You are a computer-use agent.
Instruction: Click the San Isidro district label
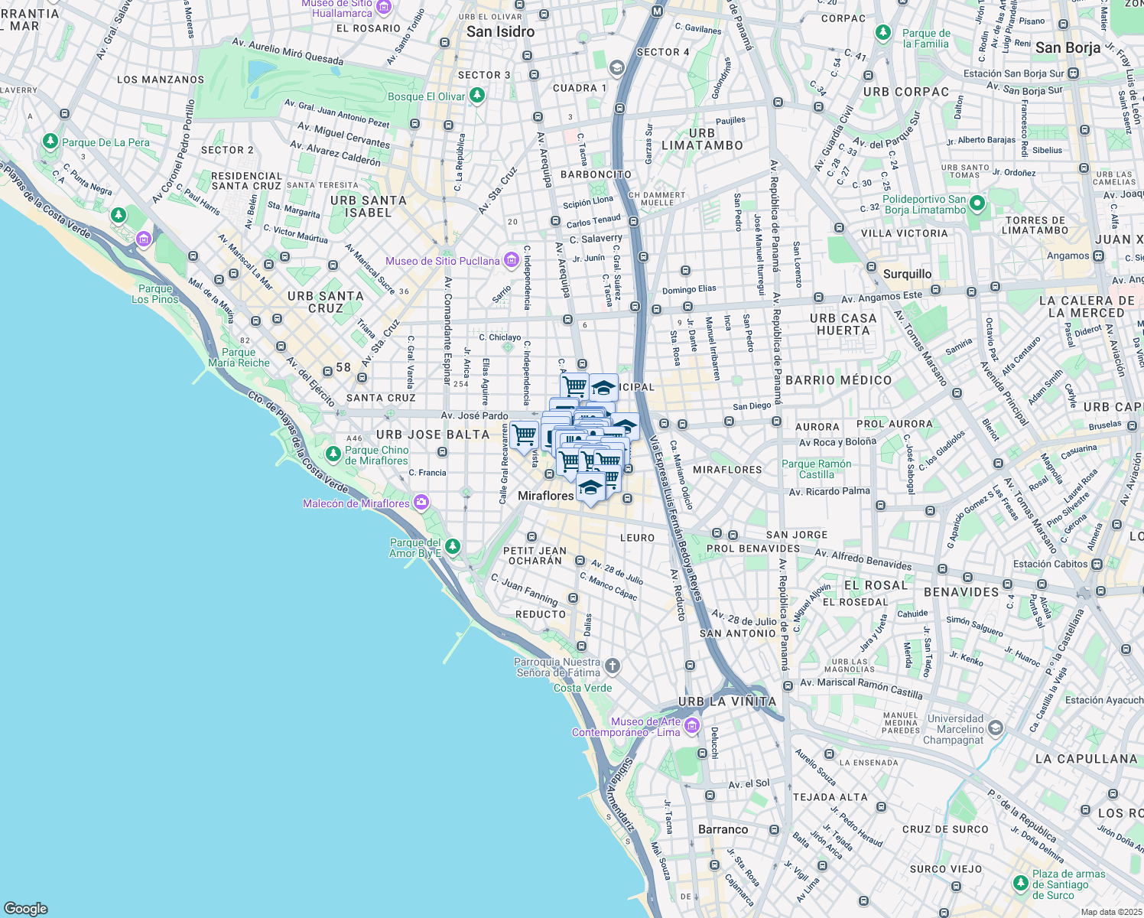click(x=500, y=31)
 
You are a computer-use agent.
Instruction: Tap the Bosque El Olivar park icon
click(x=477, y=96)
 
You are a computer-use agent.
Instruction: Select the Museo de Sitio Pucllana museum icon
click(x=511, y=261)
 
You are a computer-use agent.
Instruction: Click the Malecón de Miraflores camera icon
click(x=421, y=503)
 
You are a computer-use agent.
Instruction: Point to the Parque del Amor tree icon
click(x=453, y=546)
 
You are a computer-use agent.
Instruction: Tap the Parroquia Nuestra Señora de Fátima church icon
click(x=613, y=666)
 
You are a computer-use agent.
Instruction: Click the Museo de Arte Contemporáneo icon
click(x=691, y=725)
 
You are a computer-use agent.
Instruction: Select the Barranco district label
click(x=723, y=829)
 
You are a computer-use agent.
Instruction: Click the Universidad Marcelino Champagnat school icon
click(x=996, y=728)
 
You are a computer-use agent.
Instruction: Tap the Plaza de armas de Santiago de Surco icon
click(x=1020, y=884)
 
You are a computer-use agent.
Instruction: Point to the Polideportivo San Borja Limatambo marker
click(x=977, y=204)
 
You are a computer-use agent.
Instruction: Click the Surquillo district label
click(x=907, y=274)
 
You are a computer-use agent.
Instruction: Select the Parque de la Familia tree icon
click(x=883, y=33)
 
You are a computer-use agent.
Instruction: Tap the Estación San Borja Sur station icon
click(x=1074, y=73)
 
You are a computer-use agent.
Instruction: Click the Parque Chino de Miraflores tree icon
click(x=333, y=454)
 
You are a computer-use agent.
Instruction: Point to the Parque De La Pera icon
click(x=50, y=142)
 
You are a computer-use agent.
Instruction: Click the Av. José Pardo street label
click(x=474, y=415)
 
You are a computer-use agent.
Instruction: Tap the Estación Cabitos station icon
click(x=1097, y=564)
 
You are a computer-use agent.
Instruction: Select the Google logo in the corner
click(x=26, y=908)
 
